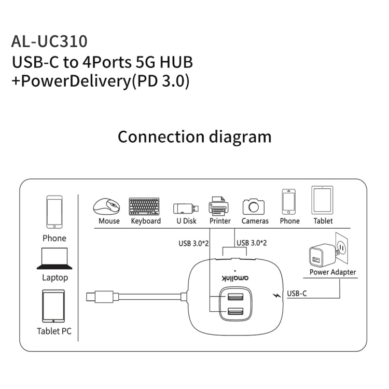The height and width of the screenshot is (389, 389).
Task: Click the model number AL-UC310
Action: click(x=49, y=41)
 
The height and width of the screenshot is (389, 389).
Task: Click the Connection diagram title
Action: click(x=195, y=137)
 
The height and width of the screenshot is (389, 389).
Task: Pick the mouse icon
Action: click(x=106, y=206)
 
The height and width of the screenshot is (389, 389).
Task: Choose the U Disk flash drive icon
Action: click(x=185, y=209)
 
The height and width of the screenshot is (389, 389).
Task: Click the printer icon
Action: click(x=219, y=206)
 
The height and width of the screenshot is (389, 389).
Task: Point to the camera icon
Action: click(x=254, y=206)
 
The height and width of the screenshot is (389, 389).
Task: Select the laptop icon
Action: click(x=54, y=259)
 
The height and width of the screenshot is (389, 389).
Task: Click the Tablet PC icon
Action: click(x=53, y=305)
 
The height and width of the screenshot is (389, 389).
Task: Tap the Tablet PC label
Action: click(x=54, y=331)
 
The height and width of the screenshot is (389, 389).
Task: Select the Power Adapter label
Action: click(x=332, y=272)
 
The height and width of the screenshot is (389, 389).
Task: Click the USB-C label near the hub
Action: click(x=297, y=293)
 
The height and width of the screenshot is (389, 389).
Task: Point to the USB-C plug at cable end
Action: click(x=99, y=298)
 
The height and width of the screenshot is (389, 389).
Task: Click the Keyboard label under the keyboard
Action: click(x=146, y=221)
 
